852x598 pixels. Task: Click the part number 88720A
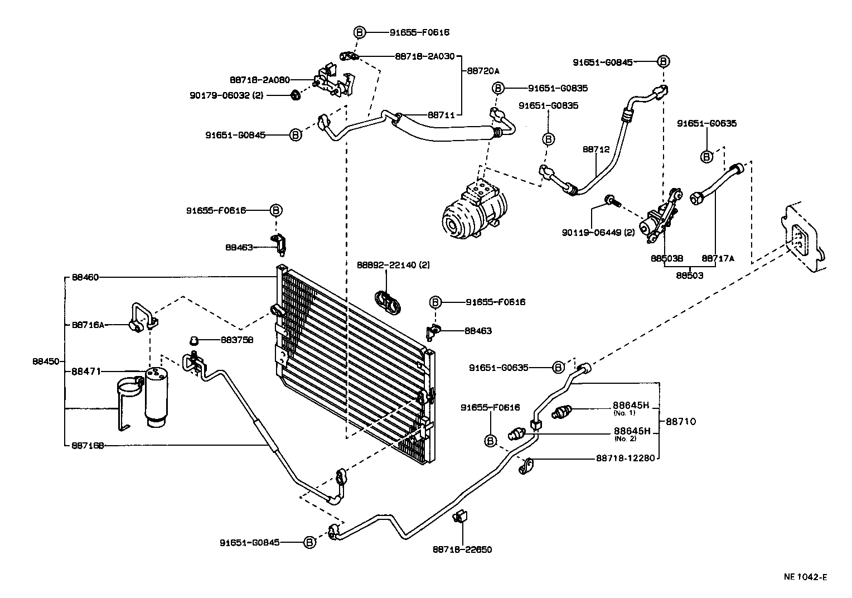pyautogui.click(x=483, y=71)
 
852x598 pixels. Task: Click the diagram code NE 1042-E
pyautogui.click(x=803, y=577)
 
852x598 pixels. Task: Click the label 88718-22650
pyautogui.click(x=462, y=549)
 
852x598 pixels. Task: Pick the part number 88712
pyautogui.click(x=596, y=149)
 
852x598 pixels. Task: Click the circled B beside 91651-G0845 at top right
pyautogui.click(x=662, y=62)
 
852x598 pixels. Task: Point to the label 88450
pyautogui.click(x=45, y=361)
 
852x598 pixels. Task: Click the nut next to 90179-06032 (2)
pyautogui.click(x=296, y=96)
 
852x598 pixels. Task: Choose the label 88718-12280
pyautogui.click(x=623, y=459)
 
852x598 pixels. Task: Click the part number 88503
pyautogui.click(x=689, y=276)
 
